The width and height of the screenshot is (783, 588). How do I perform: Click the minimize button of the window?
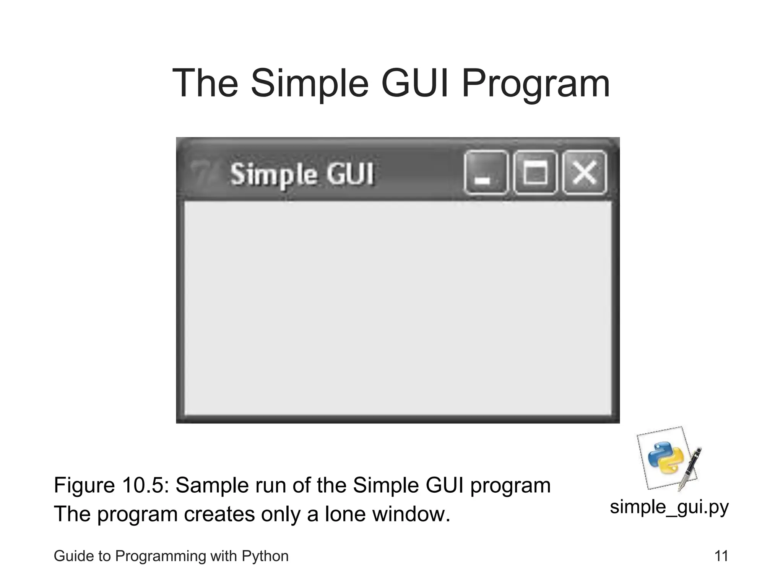[486, 172]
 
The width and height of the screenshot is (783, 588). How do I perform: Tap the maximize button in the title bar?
[535, 172]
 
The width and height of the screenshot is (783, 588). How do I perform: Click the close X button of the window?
[585, 172]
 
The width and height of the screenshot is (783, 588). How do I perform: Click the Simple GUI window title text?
[302, 175]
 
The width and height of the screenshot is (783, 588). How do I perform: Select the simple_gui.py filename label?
[669, 507]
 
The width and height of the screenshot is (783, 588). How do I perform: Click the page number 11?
[721, 556]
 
